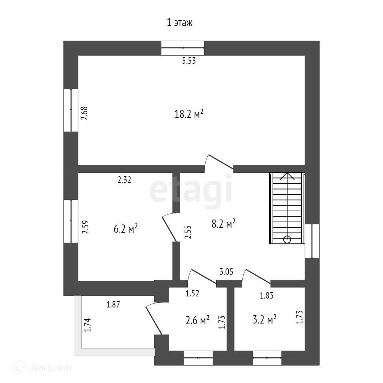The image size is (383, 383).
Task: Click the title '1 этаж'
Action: [180, 23]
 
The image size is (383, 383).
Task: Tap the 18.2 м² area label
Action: [189, 114]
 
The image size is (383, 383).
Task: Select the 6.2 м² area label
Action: [126, 229]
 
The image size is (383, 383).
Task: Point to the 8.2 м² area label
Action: [224, 224]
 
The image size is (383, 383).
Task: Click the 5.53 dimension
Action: [189, 61]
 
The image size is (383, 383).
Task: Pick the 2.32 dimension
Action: [124, 180]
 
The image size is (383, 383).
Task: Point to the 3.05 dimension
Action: [226, 272]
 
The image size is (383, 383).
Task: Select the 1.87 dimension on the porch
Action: [113, 304]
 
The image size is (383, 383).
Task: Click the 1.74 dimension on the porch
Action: [88, 325]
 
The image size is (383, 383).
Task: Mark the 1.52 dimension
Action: [192, 294]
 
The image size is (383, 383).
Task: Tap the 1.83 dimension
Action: [266, 295]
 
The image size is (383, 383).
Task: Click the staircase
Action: [287, 208]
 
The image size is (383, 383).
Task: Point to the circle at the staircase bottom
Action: [287, 239]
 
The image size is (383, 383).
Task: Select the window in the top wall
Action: [183, 48]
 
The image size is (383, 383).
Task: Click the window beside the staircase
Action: [312, 241]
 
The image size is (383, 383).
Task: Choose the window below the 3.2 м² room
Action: [267, 358]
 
